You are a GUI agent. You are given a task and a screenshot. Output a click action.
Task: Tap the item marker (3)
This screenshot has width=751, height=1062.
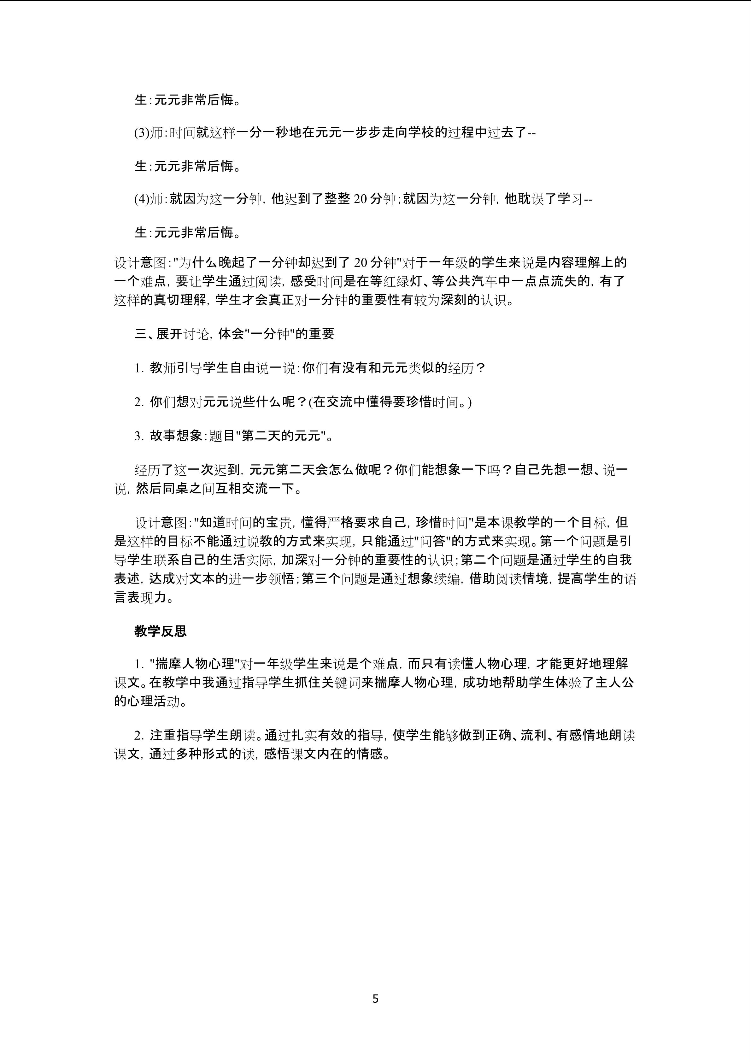143,133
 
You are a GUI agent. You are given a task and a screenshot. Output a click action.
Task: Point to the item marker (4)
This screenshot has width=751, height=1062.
143,199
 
